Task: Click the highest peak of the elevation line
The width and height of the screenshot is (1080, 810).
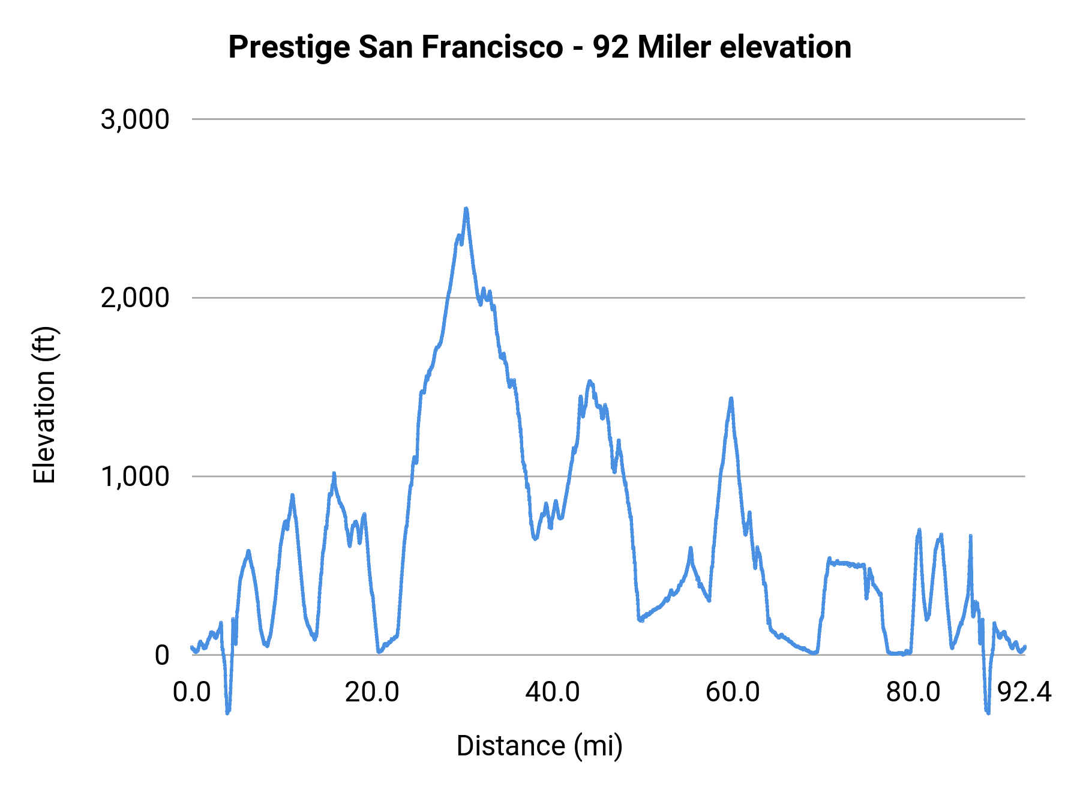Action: coord(466,209)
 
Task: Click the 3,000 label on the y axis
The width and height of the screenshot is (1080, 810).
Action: coord(135,119)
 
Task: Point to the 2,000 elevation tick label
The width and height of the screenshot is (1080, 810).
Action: coord(135,298)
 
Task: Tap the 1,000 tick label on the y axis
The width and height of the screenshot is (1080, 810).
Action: coord(135,476)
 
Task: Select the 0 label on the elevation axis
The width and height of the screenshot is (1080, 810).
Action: coord(161,655)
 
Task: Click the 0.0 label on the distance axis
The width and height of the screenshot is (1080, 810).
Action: coord(192,692)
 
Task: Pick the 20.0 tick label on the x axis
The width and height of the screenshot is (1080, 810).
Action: coord(372,692)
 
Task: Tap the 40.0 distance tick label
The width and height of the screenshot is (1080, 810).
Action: coord(553,692)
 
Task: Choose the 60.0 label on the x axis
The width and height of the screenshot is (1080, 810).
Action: coord(733,692)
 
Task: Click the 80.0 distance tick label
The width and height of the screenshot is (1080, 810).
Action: coord(913,692)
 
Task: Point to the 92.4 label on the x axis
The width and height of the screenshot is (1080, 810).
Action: coord(1024,692)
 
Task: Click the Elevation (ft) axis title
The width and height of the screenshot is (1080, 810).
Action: coord(45,405)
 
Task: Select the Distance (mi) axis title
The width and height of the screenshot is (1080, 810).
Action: coord(539,746)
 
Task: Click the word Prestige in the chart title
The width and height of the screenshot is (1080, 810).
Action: coord(289,47)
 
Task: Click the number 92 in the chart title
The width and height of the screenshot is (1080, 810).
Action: coord(611,47)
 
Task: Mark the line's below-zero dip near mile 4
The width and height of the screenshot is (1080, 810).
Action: coord(228,712)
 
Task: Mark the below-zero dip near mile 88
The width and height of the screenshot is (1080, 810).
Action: coord(987,712)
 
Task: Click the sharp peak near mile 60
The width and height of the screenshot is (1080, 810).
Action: coord(731,399)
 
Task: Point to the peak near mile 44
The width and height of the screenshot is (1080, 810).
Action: coord(590,382)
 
